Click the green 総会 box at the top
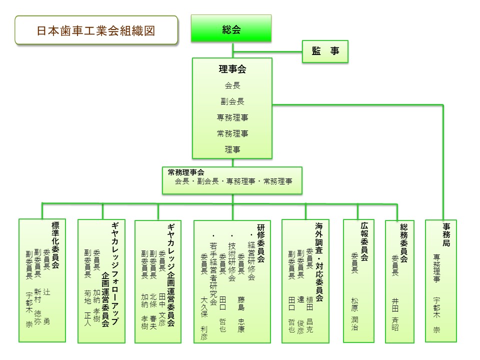pos(231,29)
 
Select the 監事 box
pos(325,51)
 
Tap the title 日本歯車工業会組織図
pos(96,30)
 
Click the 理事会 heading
pos(232,69)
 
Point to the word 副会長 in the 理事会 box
pos(232,101)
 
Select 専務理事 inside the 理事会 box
pos(232,117)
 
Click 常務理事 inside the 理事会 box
pos(232,133)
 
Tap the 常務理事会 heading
pos(186,172)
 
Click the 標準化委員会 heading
pos(55,245)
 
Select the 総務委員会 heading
pos(404,243)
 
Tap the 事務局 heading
pos(446,235)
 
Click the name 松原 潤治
pos(354,314)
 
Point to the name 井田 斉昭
pos(395,314)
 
